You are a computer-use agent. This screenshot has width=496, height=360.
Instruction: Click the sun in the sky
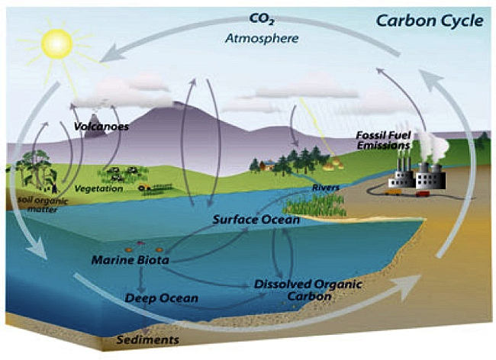[x=57, y=43]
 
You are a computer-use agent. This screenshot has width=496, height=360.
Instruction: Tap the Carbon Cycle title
[x=430, y=21]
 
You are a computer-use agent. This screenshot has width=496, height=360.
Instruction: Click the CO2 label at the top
[x=261, y=18]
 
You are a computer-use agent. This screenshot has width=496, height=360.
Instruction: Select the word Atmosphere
[x=262, y=38]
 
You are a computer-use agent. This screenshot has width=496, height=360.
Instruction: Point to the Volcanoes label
[x=101, y=127]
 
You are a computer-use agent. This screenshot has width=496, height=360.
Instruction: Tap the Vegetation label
[x=98, y=188]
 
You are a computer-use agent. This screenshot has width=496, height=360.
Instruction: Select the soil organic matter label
[x=43, y=204]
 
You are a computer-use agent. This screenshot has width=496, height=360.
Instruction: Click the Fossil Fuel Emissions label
[x=384, y=140]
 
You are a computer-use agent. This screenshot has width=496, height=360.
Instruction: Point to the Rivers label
[x=326, y=188]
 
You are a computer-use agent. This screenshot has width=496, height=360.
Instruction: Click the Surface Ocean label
[x=256, y=220]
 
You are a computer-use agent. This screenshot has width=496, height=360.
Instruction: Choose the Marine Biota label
[x=130, y=260]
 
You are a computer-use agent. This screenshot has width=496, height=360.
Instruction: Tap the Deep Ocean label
[x=161, y=297]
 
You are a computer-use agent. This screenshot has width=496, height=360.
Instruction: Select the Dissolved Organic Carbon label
[x=308, y=290]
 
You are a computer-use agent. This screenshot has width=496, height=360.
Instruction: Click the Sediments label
[x=148, y=339]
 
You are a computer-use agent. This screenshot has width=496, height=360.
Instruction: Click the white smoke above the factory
[x=433, y=144]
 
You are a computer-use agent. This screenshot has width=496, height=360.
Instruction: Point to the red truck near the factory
[x=423, y=194]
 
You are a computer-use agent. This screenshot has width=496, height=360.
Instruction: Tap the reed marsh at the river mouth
[x=313, y=205]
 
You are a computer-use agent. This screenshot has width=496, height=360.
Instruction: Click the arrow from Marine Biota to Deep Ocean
[x=141, y=280]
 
